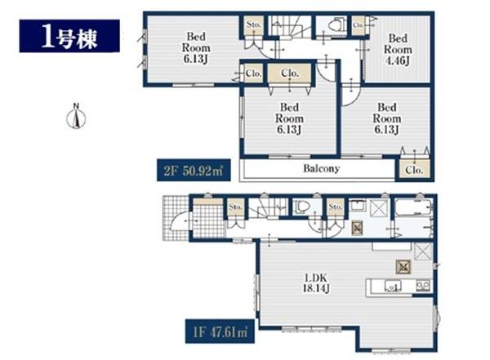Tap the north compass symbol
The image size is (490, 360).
point(74,118)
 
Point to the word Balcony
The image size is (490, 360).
point(321,169)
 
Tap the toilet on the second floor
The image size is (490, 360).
point(334,25)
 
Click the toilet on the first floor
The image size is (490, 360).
point(302,207)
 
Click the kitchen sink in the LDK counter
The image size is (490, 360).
point(390,286)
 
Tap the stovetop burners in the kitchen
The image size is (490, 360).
point(423,286)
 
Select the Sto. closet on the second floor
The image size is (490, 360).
point(253,25)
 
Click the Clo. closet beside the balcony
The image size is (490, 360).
point(412,171)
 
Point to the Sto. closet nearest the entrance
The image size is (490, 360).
point(236,207)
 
